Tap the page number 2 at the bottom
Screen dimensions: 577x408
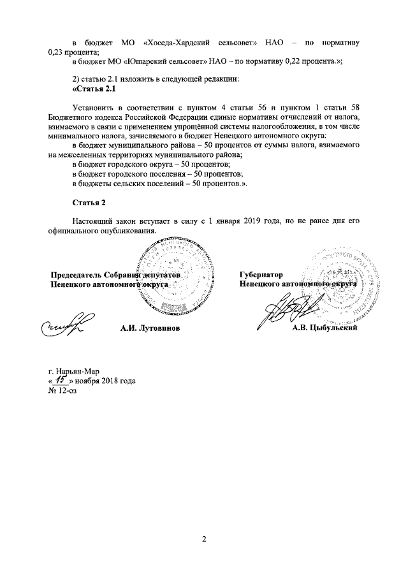204,539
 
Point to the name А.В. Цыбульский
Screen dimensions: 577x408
323,328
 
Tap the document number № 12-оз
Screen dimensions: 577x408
63,390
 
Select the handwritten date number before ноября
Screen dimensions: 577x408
63,380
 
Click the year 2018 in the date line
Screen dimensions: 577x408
110,381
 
